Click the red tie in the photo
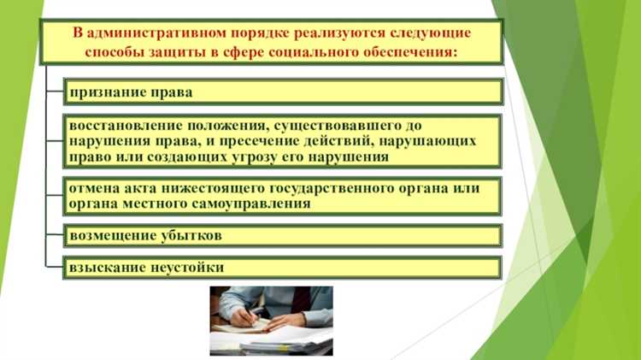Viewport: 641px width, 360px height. pos(300,300)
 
